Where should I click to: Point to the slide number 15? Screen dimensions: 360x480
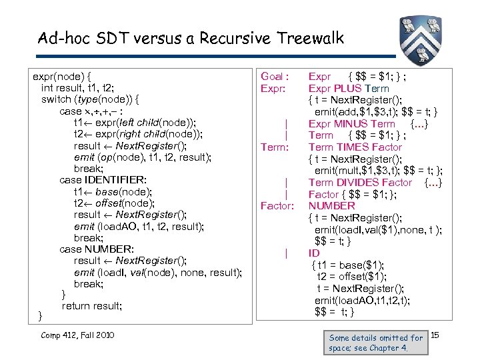tap(435, 333)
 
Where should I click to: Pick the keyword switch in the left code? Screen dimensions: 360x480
tap(59, 99)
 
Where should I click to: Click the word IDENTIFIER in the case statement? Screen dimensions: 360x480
tap(115, 180)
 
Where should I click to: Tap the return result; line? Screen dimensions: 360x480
tap(92, 306)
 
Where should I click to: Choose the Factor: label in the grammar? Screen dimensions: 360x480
tap(277, 206)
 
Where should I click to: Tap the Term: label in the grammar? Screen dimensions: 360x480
tap(275, 147)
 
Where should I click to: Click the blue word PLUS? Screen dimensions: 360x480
tap(353, 88)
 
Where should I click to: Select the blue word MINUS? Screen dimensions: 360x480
tap(355, 123)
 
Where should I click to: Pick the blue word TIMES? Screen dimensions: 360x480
tap(354, 147)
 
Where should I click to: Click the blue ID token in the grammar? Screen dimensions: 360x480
tap(314, 253)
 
